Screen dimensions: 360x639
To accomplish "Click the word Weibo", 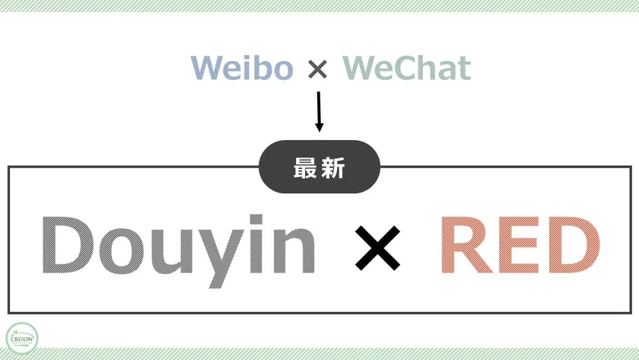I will (242, 68).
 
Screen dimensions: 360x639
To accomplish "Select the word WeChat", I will (407, 68).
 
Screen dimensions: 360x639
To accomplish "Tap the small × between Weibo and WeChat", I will (318, 70).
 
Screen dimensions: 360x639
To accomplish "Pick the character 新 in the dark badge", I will (333, 168).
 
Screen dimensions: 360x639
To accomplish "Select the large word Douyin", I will (179, 247).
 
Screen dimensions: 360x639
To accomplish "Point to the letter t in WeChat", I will (463, 68).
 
